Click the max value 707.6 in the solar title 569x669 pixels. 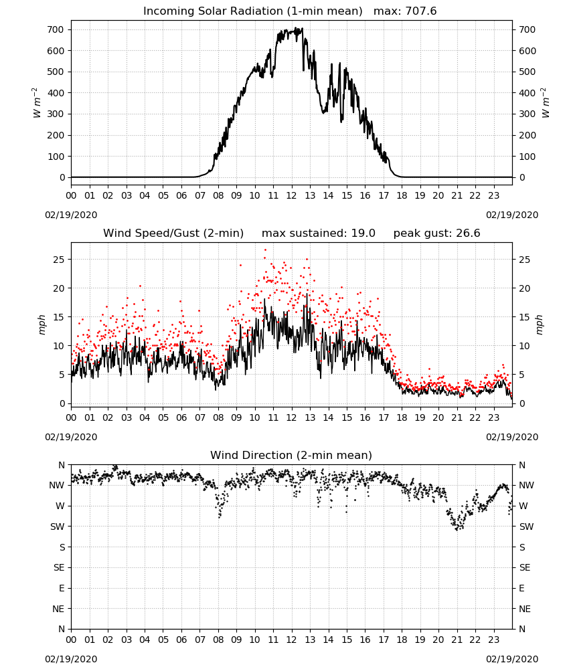(x=421, y=11)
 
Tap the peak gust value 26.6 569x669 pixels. (x=467, y=233)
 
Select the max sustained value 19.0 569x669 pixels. (x=363, y=233)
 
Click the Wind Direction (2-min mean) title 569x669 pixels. (x=291, y=455)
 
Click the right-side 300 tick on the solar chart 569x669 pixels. (x=527, y=114)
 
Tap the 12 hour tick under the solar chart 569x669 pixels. (x=292, y=196)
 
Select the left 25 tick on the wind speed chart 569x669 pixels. (x=60, y=260)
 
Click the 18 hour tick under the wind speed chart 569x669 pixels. (x=402, y=417)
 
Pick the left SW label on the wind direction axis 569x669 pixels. (x=57, y=527)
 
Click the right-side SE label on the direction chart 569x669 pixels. (x=525, y=567)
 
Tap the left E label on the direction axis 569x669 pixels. (x=62, y=588)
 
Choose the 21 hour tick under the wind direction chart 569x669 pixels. (x=457, y=640)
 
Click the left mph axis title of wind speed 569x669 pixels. (x=42, y=324)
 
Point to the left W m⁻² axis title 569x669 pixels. (x=37, y=103)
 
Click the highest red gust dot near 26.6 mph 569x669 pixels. (x=265, y=250)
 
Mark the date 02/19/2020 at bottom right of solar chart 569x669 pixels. (x=512, y=215)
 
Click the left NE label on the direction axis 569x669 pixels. (x=58, y=609)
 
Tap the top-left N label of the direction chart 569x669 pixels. (x=62, y=465)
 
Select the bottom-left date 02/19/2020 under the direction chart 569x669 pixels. (x=71, y=659)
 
